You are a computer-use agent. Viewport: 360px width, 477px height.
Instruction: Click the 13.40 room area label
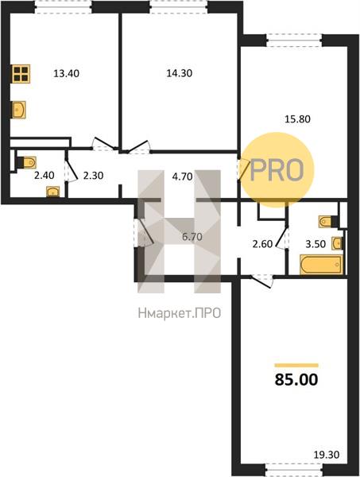pos(66,73)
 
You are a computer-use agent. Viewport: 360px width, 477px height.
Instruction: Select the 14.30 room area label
pos(179,73)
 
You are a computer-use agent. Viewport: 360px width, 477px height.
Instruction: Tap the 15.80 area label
pos(297,119)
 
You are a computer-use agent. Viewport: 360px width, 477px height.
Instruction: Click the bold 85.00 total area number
pos(296,380)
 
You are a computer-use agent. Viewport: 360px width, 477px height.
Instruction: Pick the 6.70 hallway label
pos(192,236)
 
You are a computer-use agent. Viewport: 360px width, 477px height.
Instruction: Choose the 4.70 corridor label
pos(182,176)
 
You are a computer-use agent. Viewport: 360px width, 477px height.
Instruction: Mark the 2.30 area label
pos(93,176)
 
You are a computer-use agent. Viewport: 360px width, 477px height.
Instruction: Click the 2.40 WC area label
pos(44,176)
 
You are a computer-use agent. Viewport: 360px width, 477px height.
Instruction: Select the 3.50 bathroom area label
pos(315,244)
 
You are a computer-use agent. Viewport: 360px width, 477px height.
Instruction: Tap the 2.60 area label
pos(262,244)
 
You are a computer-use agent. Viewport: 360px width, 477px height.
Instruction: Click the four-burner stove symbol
pos(21,74)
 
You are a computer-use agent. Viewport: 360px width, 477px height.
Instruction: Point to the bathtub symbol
pos(322,265)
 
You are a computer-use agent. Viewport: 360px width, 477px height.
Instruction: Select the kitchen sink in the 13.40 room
pos(18,110)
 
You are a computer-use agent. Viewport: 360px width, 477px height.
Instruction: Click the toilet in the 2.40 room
pos(27,162)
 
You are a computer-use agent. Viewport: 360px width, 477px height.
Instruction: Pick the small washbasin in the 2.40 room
pos(53,192)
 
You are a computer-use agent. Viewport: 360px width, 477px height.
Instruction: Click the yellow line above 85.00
pos(296,366)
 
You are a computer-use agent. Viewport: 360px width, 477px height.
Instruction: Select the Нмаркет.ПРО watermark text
pos(180,313)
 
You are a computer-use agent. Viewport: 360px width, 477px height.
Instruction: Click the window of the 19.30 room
pos(294,468)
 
